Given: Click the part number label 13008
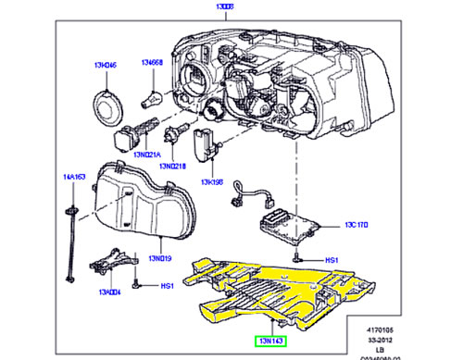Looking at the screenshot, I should click(199, 6).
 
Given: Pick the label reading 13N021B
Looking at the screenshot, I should click(172, 166).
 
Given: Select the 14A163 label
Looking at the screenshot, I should click(73, 176).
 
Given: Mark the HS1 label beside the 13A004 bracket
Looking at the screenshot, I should click(168, 287).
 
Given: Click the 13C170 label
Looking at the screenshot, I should click(357, 225).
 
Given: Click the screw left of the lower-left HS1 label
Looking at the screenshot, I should click(136, 287).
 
